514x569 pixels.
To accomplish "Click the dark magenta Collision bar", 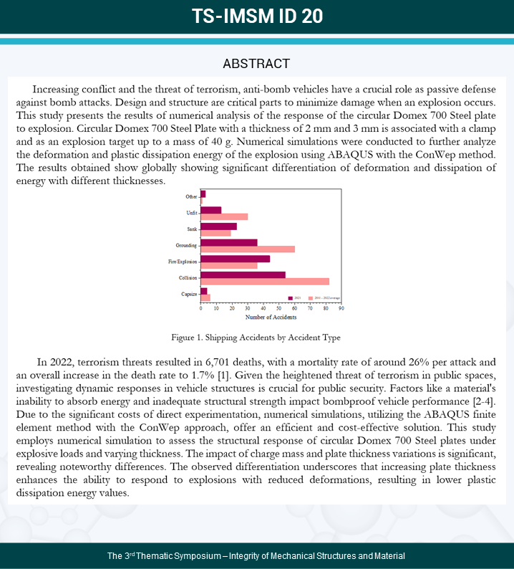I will click(243, 274).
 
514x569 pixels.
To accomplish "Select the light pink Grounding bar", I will click(248, 249).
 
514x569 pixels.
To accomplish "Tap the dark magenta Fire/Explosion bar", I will click(236, 258).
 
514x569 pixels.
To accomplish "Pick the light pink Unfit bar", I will click(224, 216).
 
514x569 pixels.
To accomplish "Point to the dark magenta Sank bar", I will click(219, 226).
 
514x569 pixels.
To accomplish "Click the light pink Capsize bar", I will click(205, 297).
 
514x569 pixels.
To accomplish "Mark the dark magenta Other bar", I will click(203, 193).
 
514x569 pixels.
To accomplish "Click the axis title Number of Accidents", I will click(271, 317).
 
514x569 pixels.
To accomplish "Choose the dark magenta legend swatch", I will click(291, 297).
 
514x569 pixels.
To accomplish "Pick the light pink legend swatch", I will click(310, 297).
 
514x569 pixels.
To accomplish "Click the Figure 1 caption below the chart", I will click(256, 337).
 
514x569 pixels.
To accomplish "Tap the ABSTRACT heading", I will click(256, 64).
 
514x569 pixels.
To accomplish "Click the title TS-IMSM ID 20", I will click(257, 16).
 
